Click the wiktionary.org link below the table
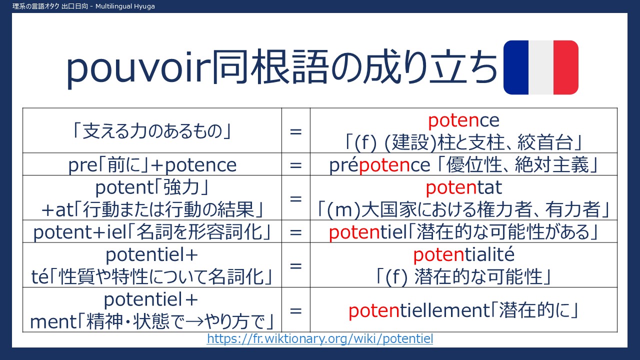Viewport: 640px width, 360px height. pos(320,339)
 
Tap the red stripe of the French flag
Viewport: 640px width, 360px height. pos(566,67)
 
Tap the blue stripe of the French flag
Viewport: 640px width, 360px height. pos(516,67)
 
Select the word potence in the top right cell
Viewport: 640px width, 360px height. pos(463,120)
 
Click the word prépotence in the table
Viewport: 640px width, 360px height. pos(379,165)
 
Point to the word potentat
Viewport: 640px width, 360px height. pos(463,187)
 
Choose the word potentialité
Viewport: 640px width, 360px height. pos(463,254)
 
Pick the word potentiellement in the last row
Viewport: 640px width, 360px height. pos(419,310)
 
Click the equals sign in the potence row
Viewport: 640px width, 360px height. pos(295,131)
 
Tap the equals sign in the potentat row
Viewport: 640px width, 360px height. pos(295,199)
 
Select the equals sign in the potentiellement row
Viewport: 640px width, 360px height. pos(295,311)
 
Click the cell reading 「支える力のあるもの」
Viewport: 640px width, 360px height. pos(152,131)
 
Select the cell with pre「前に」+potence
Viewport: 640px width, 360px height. pos(152,164)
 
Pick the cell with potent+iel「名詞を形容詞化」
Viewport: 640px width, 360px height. pos(152,231)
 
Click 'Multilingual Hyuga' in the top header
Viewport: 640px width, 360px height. pos(125,6)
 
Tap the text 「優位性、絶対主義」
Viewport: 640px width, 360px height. pos(517,165)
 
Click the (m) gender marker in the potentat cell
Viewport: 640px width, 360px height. pos(343,209)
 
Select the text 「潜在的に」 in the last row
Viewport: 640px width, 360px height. pos(535,310)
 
